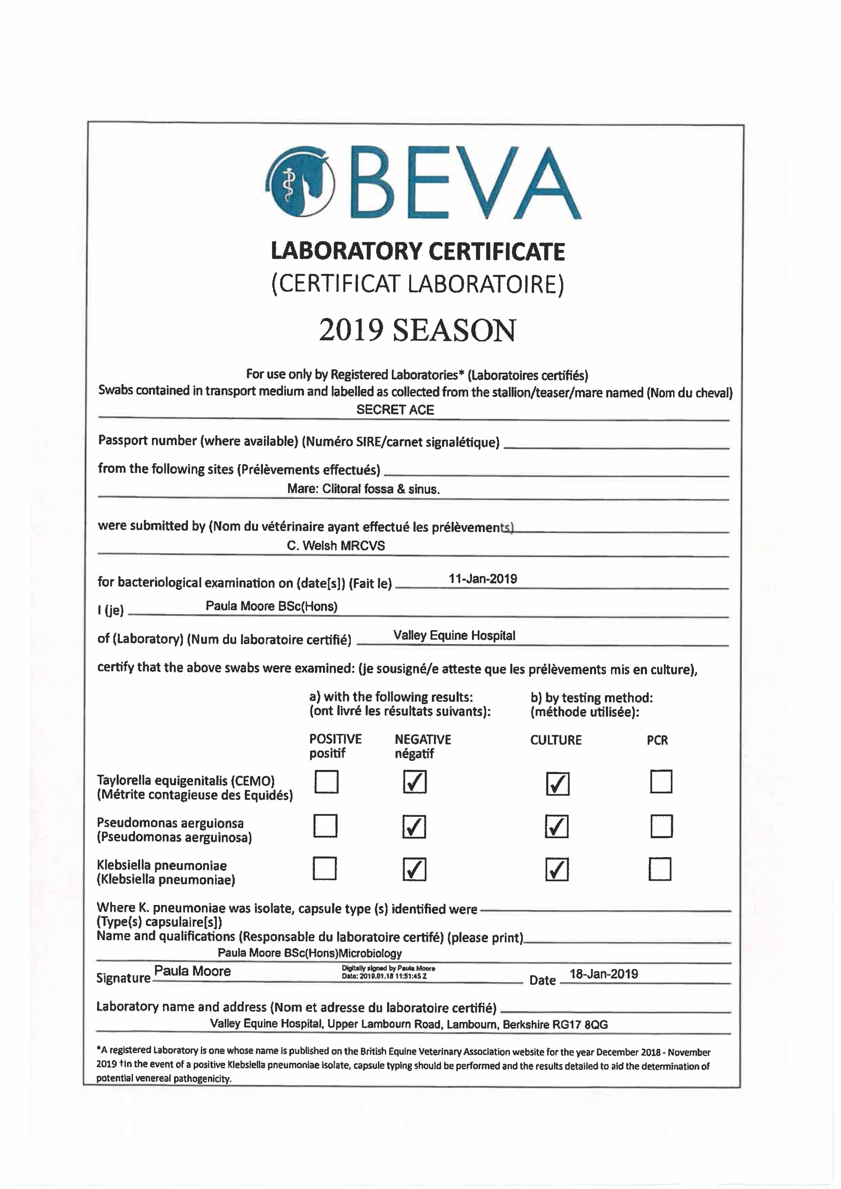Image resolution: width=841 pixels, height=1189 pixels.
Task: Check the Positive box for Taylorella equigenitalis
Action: pyautogui.click(x=326, y=782)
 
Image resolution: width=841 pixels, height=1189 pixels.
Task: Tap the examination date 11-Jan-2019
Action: pyautogui.click(x=483, y=579)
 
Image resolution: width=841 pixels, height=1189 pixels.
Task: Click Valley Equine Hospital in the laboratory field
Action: pyautogui.click(x=454, y=635)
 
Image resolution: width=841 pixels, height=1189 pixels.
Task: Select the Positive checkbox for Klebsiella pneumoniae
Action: pyautogui.click(x=325, y=868)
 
